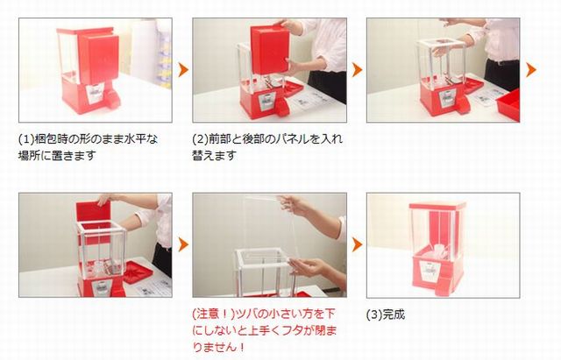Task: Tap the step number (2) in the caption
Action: coord(199,138)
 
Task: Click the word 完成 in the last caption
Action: coord(393,313)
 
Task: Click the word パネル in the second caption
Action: coord(285,138)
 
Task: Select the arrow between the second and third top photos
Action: coord(357,69)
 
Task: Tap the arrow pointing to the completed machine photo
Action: coord(357,244)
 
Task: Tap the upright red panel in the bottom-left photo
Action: coord(91,218)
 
